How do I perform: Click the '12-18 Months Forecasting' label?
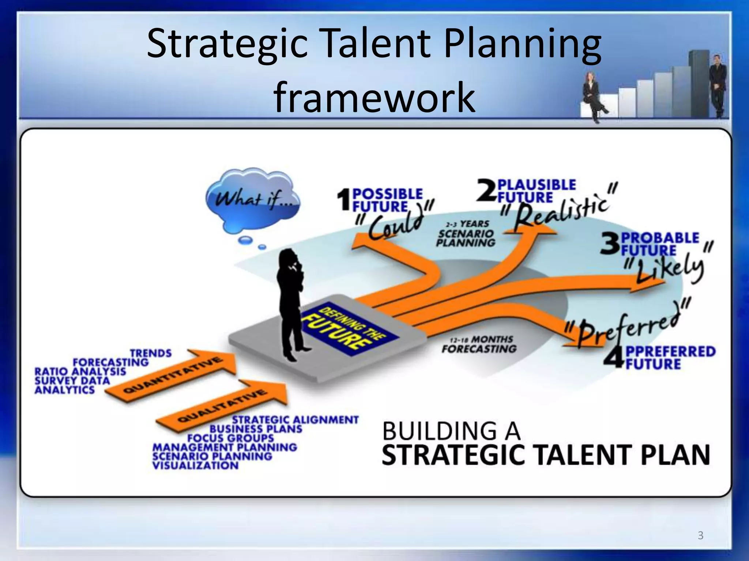(x=479, y=345)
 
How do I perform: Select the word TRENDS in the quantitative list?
(x=151, y=353)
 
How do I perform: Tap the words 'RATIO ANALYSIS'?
(x=80, y=371)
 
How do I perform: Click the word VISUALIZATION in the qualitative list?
(x=195, y=465)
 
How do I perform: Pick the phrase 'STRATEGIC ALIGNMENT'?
(x=296, y=420)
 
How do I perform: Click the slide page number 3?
(x=700, y=535)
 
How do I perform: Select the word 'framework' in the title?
(x=374, y=97)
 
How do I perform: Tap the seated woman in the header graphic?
(x=593, y=95)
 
